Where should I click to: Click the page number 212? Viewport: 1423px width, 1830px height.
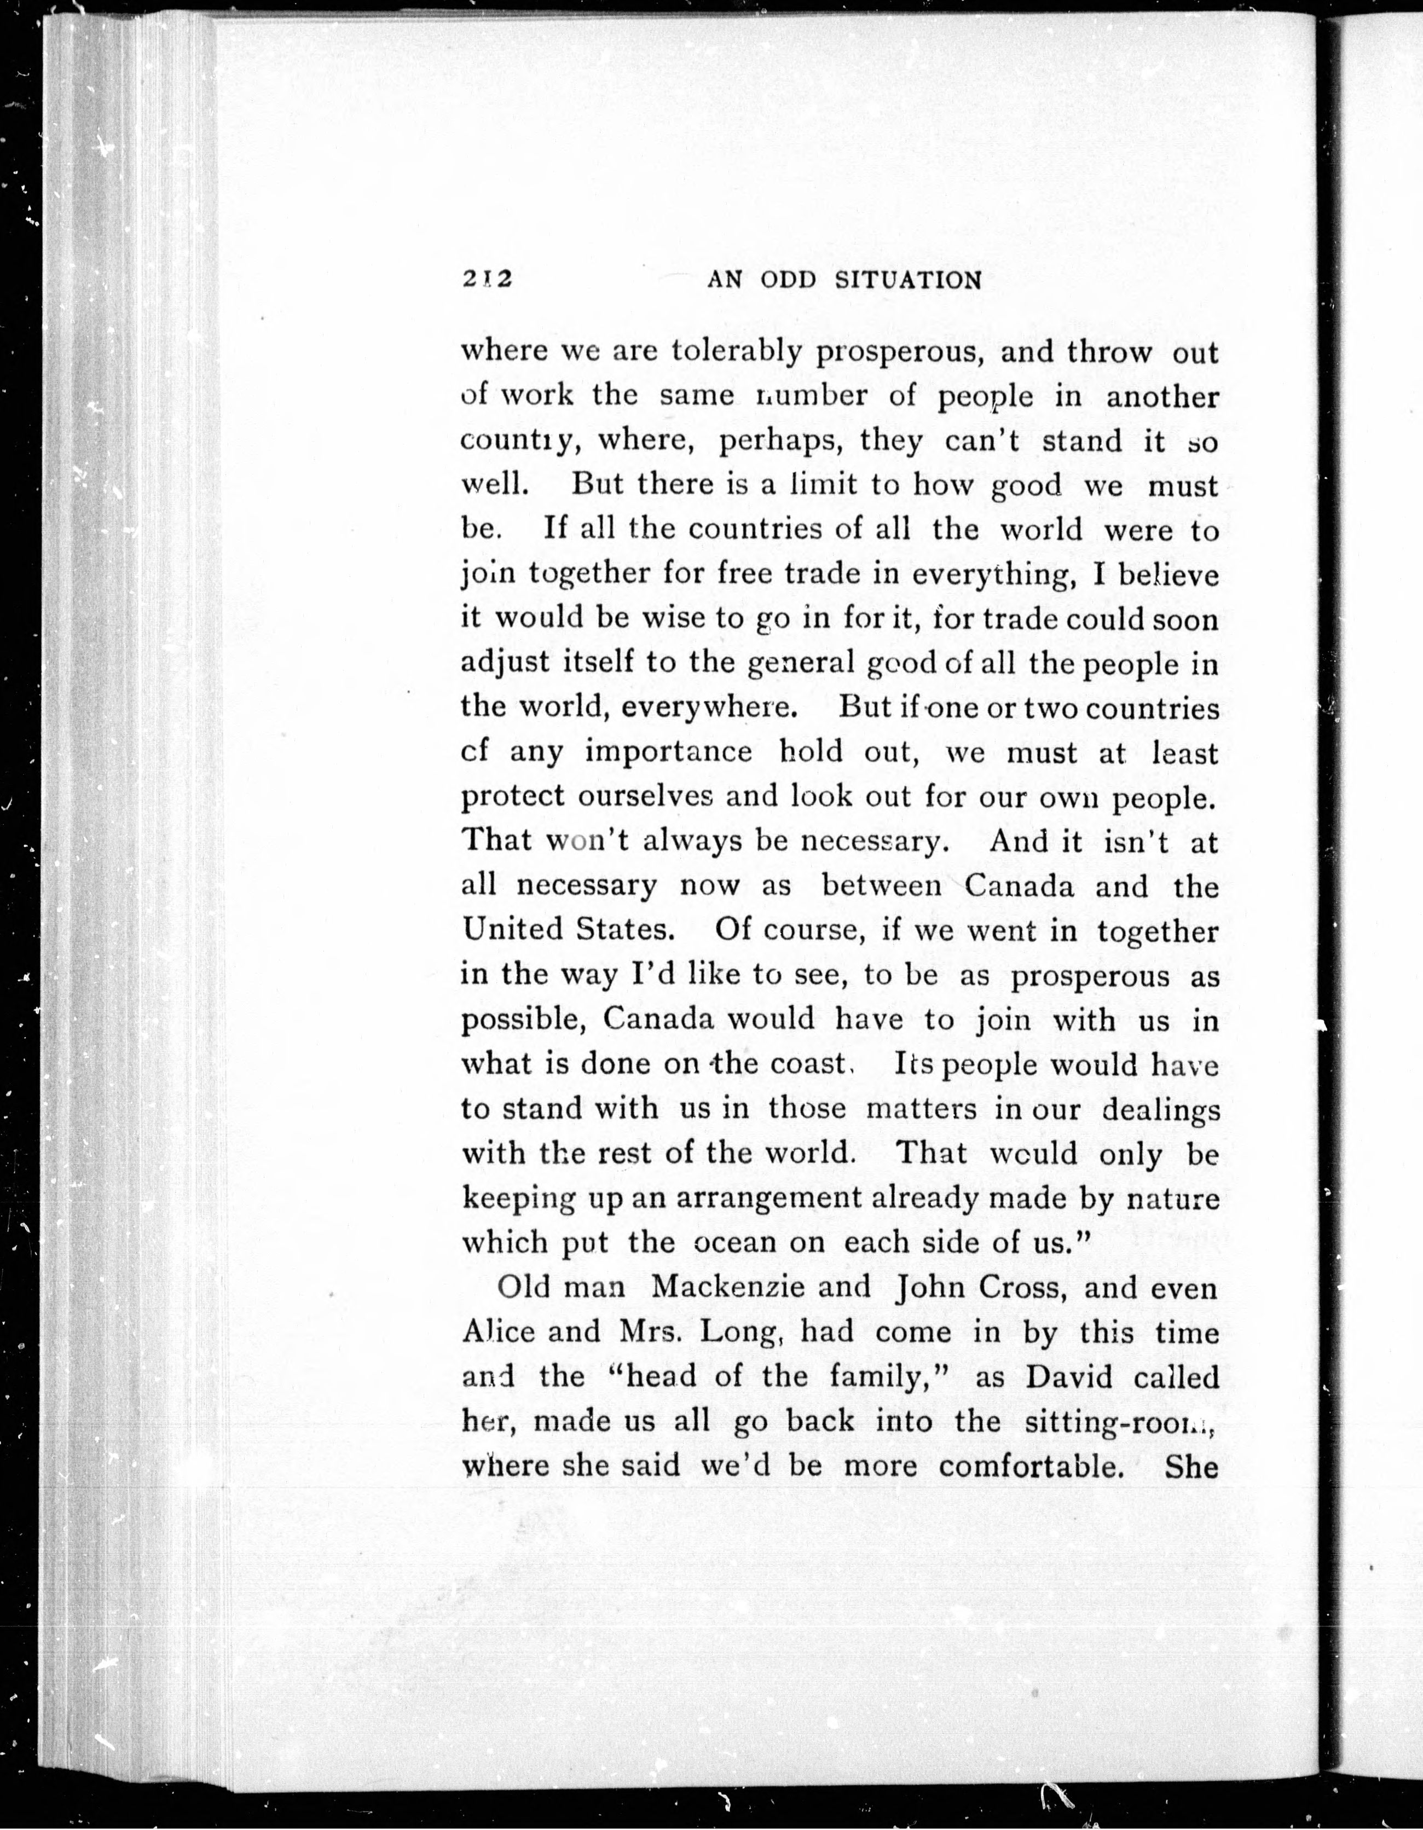(x=486, y=279)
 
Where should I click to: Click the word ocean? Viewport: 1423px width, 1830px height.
(x=735, y=1242)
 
